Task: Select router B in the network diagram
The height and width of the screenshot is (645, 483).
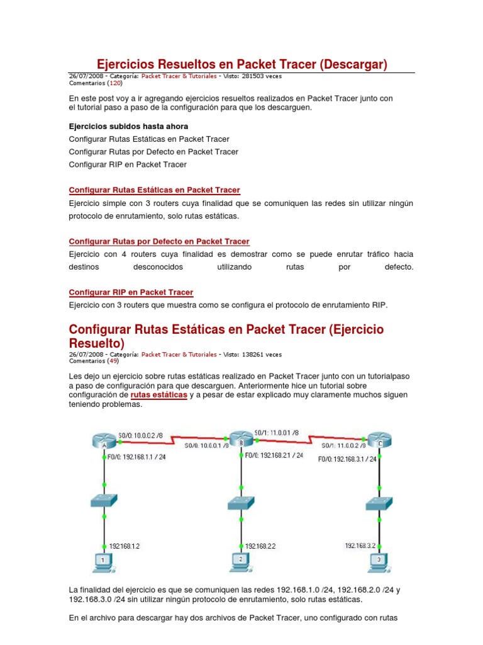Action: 240,440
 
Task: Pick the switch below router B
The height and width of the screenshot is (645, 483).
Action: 240,503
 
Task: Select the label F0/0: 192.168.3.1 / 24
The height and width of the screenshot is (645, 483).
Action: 347,459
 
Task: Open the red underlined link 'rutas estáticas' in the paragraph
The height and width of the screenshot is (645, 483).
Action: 158,394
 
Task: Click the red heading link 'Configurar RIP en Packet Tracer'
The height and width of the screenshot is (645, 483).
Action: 131,292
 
